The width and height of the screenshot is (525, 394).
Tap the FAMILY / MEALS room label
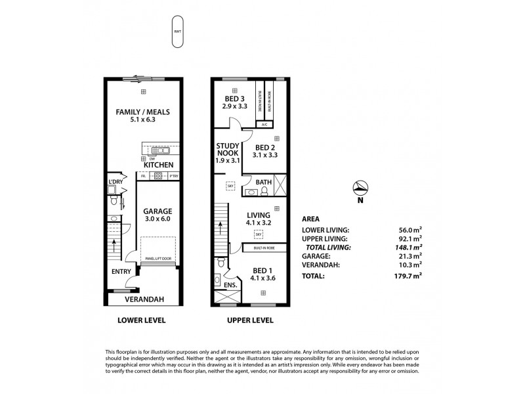coord(140,112)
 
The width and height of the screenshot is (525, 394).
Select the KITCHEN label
coord(158,164)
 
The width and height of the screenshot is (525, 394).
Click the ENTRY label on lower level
coord(121,271)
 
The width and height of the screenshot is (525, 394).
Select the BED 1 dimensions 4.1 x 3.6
coord(262,278)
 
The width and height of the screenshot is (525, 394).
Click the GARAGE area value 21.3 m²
coord(411,257)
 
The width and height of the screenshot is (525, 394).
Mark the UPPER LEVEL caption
coord(250,321)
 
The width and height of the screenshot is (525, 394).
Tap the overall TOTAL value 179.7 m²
coord(410,276)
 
